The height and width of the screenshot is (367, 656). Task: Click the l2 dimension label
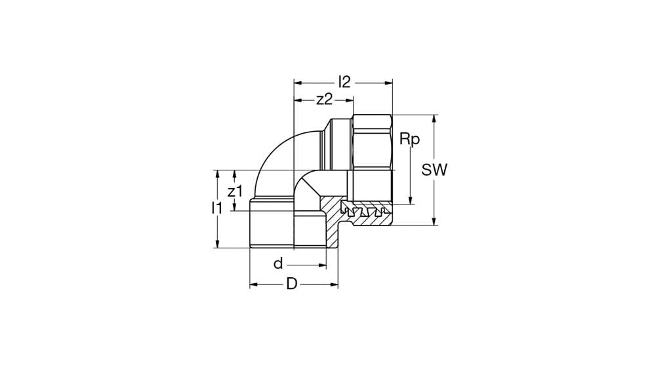coord(344,82)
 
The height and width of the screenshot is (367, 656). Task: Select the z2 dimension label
coord(324,100)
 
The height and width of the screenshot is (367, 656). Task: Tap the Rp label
coord(409,139)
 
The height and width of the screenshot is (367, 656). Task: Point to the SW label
coord(434,170)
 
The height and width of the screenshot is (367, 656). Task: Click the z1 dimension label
coord(235,191)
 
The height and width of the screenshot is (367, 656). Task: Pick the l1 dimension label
coord(216,208)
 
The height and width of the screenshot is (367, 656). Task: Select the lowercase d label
coord(278,264)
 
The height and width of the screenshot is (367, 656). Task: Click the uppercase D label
coord(292,284)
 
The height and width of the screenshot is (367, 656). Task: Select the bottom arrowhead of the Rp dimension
coord(411,200)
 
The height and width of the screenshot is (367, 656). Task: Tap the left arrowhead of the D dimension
coord(254,284)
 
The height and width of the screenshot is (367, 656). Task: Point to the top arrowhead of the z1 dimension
coord(235,174)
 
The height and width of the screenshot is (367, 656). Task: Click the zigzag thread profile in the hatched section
coord(364,212)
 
